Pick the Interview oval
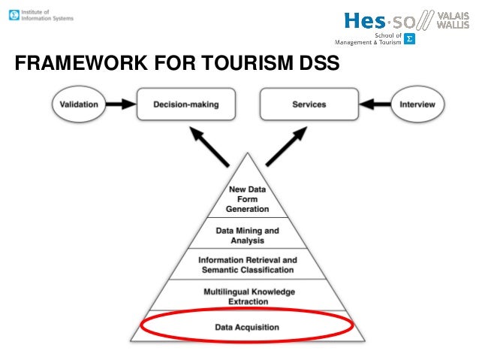[x=417, y=104]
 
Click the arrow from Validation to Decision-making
[x=119, y=104]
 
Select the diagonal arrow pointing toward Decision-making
[x=209, y=146]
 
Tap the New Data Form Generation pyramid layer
[x=247, y=199]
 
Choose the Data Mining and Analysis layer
[x=247, y=235]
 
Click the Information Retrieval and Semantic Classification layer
[x=247, y=265]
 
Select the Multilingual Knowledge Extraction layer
[x=247, y=295]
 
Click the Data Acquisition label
[x=247, y=327]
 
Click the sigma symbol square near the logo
[x=410, y=38]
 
